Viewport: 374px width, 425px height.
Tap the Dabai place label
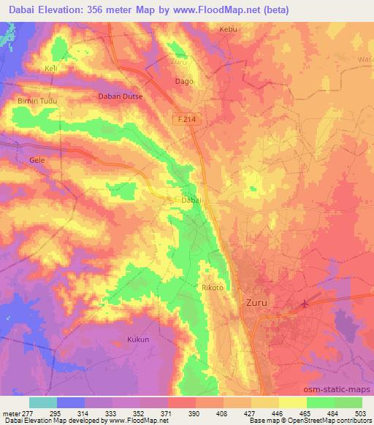190,200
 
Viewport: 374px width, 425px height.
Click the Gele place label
37,158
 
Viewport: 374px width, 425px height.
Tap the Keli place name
51,69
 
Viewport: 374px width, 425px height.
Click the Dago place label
184,82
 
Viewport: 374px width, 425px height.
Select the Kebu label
229,30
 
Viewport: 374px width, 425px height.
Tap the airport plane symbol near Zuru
305,302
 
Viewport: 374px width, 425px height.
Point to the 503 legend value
361,413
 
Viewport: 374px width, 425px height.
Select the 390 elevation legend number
195,413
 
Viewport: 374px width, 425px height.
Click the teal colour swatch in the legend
43,402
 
